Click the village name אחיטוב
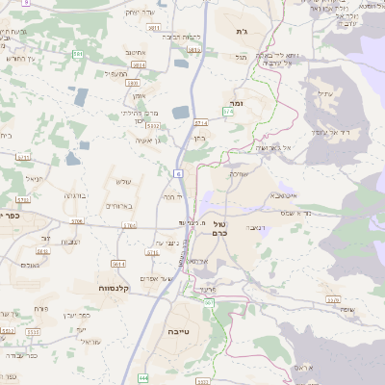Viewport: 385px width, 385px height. coord(135,53)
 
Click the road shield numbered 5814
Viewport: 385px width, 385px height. coord(139,64)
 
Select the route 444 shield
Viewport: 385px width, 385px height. coord(143,378)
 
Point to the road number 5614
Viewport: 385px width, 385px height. coord(118,264)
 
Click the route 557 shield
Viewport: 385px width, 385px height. coord(209,303)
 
